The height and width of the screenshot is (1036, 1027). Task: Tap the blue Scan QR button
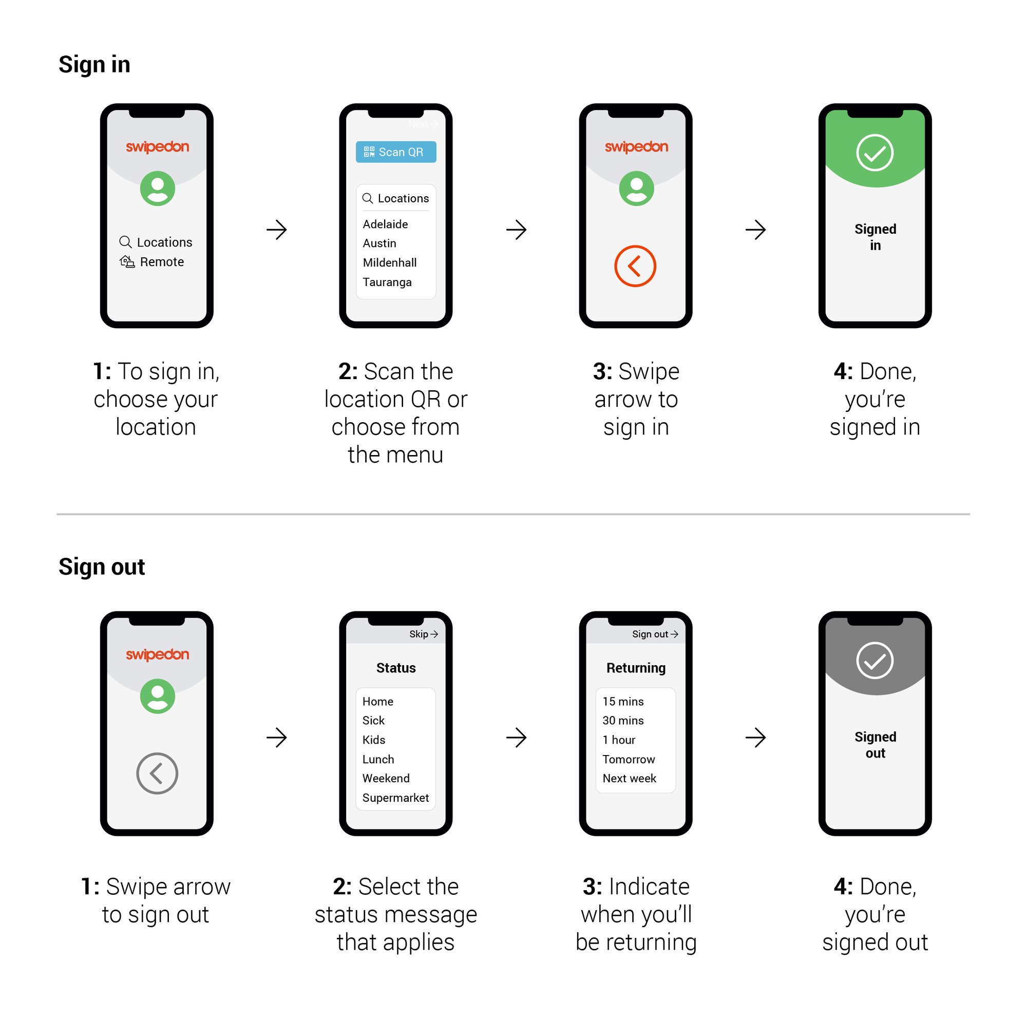pos(395,152)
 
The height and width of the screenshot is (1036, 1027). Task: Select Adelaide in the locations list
pos(385,224)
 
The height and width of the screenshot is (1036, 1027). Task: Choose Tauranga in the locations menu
pos(387,282)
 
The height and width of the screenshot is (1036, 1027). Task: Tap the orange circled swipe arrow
pos(635,266)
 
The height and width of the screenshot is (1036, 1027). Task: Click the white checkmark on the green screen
pos(874,153)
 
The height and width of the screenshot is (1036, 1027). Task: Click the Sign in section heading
pos(94,64)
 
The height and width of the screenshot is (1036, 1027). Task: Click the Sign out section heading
pos(101,567)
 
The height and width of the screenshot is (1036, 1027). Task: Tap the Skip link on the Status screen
pos(423,634)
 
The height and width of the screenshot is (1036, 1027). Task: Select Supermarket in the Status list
pos(395,797)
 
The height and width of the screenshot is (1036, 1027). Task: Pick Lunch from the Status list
pos(378,759)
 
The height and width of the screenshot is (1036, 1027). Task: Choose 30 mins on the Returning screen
pos(623,720)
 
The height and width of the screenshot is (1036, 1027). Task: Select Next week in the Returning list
pos(629,778)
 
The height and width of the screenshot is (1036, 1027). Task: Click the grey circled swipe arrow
pos(157,773)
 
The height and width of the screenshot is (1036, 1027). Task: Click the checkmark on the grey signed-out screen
pos(874,660)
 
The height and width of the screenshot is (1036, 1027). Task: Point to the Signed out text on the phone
pos(875,744)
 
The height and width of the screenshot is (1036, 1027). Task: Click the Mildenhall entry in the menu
pos(389,263)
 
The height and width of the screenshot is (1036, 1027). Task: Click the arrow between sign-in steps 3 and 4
pos(755,230)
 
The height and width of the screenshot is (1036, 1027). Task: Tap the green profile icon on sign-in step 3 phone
pos(636,188)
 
